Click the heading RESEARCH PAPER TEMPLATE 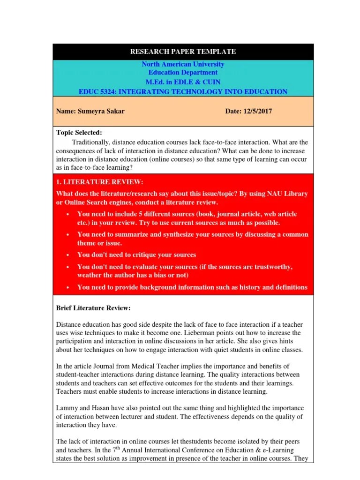(x=183, y=52)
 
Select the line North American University (x=183, y=64)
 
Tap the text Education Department (x=183, y=73)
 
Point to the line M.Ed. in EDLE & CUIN (x=183, y=82)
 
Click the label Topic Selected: (x=79, y=133)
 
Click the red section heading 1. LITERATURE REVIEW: (x=99, y=182)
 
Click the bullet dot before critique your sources (x=68, y=255)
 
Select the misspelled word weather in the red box (x=90, y=275)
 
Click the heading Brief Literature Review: (x=93, y=308)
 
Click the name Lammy (x=67, y=407)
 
